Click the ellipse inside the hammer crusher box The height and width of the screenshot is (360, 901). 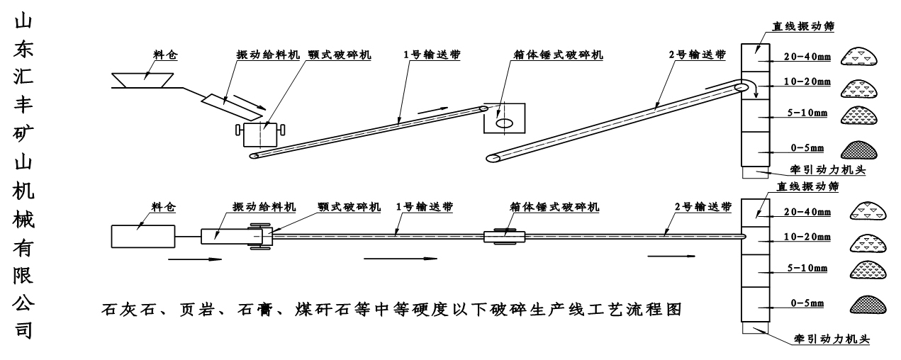point(504,123)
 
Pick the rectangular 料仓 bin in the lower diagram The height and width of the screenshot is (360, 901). point(142,235)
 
